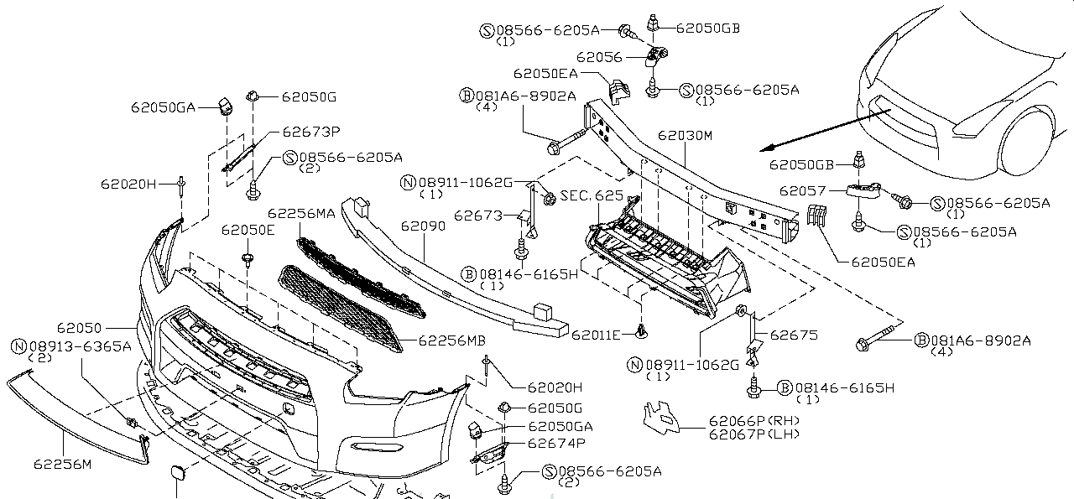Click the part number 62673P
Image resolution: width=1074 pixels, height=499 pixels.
pos(310,131)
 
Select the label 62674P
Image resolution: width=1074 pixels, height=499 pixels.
pos(556,442)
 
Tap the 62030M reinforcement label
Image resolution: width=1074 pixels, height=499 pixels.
pos(685,134)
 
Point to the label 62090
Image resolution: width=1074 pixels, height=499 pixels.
pos(423,226)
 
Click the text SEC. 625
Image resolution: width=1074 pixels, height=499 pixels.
pos(592,195)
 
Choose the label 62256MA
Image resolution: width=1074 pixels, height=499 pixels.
pos(301,213)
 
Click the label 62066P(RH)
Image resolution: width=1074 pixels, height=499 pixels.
pos(753,420)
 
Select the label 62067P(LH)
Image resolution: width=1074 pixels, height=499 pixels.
pos(753,434)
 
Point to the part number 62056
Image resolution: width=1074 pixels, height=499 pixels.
pos(599,57)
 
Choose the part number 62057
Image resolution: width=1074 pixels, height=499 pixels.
pos(803,190)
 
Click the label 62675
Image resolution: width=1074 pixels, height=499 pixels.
pos(794,335)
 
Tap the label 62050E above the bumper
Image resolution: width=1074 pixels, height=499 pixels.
pos(248,229)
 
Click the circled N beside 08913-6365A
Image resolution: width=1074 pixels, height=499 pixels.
pos(18,345)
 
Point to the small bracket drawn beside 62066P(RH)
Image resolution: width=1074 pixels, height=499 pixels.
pos(662,418)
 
